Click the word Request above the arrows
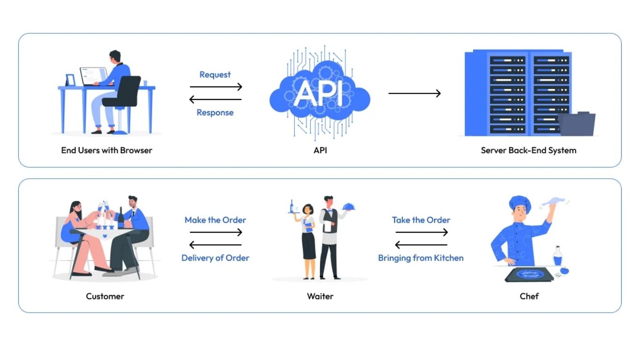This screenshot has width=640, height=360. click(215, 75)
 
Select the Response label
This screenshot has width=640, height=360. click(215, 112)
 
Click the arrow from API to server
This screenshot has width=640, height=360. click(415, 93)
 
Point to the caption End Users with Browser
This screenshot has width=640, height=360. click(107, 150)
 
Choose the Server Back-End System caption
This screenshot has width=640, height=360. click(528, 150)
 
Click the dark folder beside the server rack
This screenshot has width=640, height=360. click(577, 124)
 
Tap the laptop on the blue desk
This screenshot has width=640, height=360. click(93, 76)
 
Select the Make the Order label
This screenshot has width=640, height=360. click(215, 220)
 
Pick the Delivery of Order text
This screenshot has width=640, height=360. click(215, 258)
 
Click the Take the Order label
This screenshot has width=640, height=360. click(421, 220)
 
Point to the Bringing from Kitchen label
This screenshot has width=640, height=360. click(421, 258)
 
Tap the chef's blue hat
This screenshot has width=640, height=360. click(520, 204)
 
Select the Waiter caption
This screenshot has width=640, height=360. click(320, 296)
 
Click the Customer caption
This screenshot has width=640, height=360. click(105, 296)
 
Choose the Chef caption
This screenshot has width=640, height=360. click(529, 296)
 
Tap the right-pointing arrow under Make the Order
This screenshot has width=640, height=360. click(216, 232)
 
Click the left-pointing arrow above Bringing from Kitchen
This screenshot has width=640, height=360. click(421, 245)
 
